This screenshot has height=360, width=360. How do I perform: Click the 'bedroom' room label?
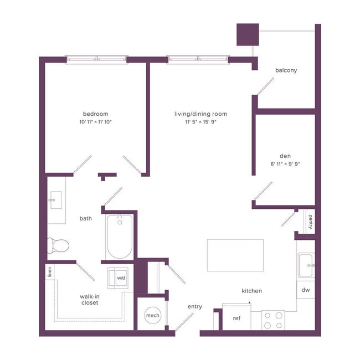[x=96, y=114]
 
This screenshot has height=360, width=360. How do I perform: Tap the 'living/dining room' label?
[x=200, y=114]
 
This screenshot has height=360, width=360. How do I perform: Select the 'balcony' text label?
[x=286, y=70]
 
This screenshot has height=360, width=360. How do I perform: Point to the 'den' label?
[x=285, y=156]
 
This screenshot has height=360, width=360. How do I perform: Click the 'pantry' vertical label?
[x=311, y=222]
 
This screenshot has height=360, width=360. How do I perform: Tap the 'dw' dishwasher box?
[x=306, y=290]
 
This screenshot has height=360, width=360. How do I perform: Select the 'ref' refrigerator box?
[x=236, y=318]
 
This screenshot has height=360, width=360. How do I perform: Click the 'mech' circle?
[x=152, y=315]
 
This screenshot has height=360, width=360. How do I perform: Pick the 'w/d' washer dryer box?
[x=121, y=277]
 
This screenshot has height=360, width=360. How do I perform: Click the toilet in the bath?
[x=58, y=244]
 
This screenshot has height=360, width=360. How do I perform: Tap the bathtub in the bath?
[x=120, y=237]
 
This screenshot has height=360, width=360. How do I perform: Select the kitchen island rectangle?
[x=235, y=255]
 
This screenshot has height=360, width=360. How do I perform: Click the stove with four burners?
[x=272, y=320]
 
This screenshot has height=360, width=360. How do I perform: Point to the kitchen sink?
[x=306, y=265]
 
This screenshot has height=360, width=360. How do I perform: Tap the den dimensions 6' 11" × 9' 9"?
[x=285, y=164]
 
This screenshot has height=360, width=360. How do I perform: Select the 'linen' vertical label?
[x=50, y=271]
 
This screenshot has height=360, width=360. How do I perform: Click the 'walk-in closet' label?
[x=90, y=300]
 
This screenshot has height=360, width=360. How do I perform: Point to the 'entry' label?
[x=195, y=307]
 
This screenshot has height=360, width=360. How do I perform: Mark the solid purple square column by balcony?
[x=248, y=34]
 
